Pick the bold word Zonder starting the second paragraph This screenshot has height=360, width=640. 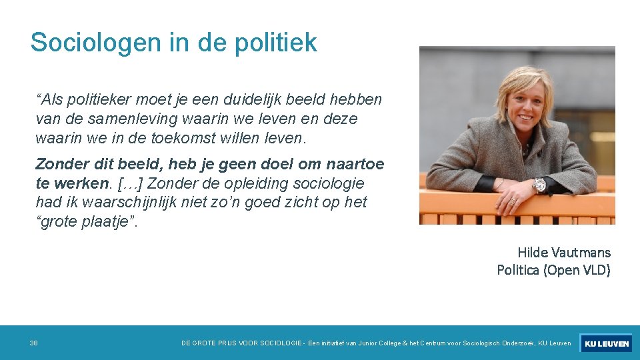[x=61, y=164]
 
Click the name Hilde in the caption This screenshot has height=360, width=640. [x=532, y=253]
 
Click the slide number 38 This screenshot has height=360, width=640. [x=34, y=343]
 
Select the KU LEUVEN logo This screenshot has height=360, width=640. [x=605, y=343]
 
